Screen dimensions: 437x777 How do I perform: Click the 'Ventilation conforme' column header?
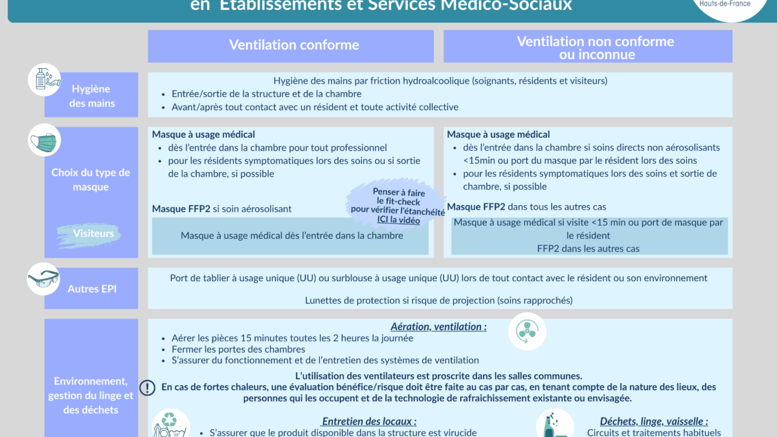pyautogui.click(x=293, y=45)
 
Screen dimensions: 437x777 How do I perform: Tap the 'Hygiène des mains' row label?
pyautogui.click(x=91, y=96)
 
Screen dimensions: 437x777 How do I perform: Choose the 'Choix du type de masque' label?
pyautogui.click(x=91, y=179)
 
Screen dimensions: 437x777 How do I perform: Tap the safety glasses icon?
pyautogui.click(x=43, y=280)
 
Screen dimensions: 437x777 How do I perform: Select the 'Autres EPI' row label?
pyautogui.click(x=92, y=289)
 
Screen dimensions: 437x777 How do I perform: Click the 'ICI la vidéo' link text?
pyautogui.click(x=399, y=220)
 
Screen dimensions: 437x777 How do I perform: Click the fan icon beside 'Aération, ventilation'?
pyautogui.click(x=527, y=331)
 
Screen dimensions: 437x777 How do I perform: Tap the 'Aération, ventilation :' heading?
pyautogui.click(x=438, y=327)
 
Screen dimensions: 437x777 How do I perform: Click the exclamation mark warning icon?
pyautogui.click(x=148, y=387)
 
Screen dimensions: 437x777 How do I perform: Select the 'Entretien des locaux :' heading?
pyautogui.click(x=369, y=421)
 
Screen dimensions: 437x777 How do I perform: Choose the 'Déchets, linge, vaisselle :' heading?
pyautogui.click(x=653, y=421)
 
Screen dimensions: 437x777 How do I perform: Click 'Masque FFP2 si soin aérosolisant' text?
pyautogui.click(x=221, y=209)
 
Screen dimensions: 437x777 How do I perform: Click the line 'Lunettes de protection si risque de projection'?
pyautogui.click(x=438, y=300)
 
